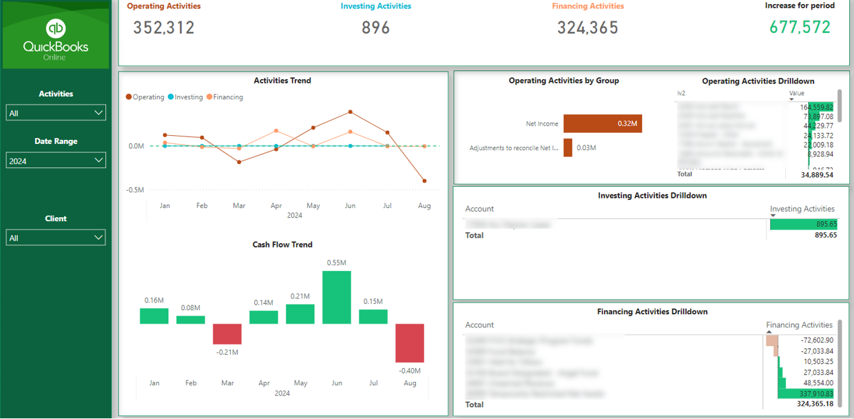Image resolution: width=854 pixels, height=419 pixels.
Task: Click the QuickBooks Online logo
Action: [x=56, y=38]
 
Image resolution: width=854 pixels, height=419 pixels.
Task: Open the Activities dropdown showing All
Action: [x=56, y=113]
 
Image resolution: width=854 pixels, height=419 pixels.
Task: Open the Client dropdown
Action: [x=56, y=238]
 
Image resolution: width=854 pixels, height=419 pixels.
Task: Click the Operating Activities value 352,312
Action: [x=164, y=28]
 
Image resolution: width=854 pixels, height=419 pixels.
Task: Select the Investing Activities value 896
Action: [x=376, y=28]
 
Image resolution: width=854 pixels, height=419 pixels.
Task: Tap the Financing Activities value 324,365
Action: [x=587, y=28]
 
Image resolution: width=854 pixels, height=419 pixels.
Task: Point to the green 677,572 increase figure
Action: [x=800, y=27]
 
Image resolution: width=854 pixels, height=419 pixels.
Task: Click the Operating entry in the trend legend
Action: [x=145, y=97]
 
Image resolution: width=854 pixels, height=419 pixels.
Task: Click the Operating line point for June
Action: [x=351, y=111]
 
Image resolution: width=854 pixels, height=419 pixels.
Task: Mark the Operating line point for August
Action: [x=424, y=181]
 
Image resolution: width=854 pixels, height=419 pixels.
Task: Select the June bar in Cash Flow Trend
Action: [x=337, y=297]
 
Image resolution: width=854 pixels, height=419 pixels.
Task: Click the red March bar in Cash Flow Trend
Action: [x=227, y=334]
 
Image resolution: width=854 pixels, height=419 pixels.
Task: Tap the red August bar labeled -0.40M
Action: [x=410, y=343]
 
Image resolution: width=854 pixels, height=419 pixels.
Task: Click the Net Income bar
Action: [x=603, y=124]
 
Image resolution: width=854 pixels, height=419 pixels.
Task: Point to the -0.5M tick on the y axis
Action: [x=134, y=190]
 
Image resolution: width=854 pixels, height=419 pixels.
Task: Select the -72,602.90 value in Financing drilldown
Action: [x=817, y=340]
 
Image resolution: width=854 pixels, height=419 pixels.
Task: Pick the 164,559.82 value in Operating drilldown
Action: [x=817, y=107]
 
